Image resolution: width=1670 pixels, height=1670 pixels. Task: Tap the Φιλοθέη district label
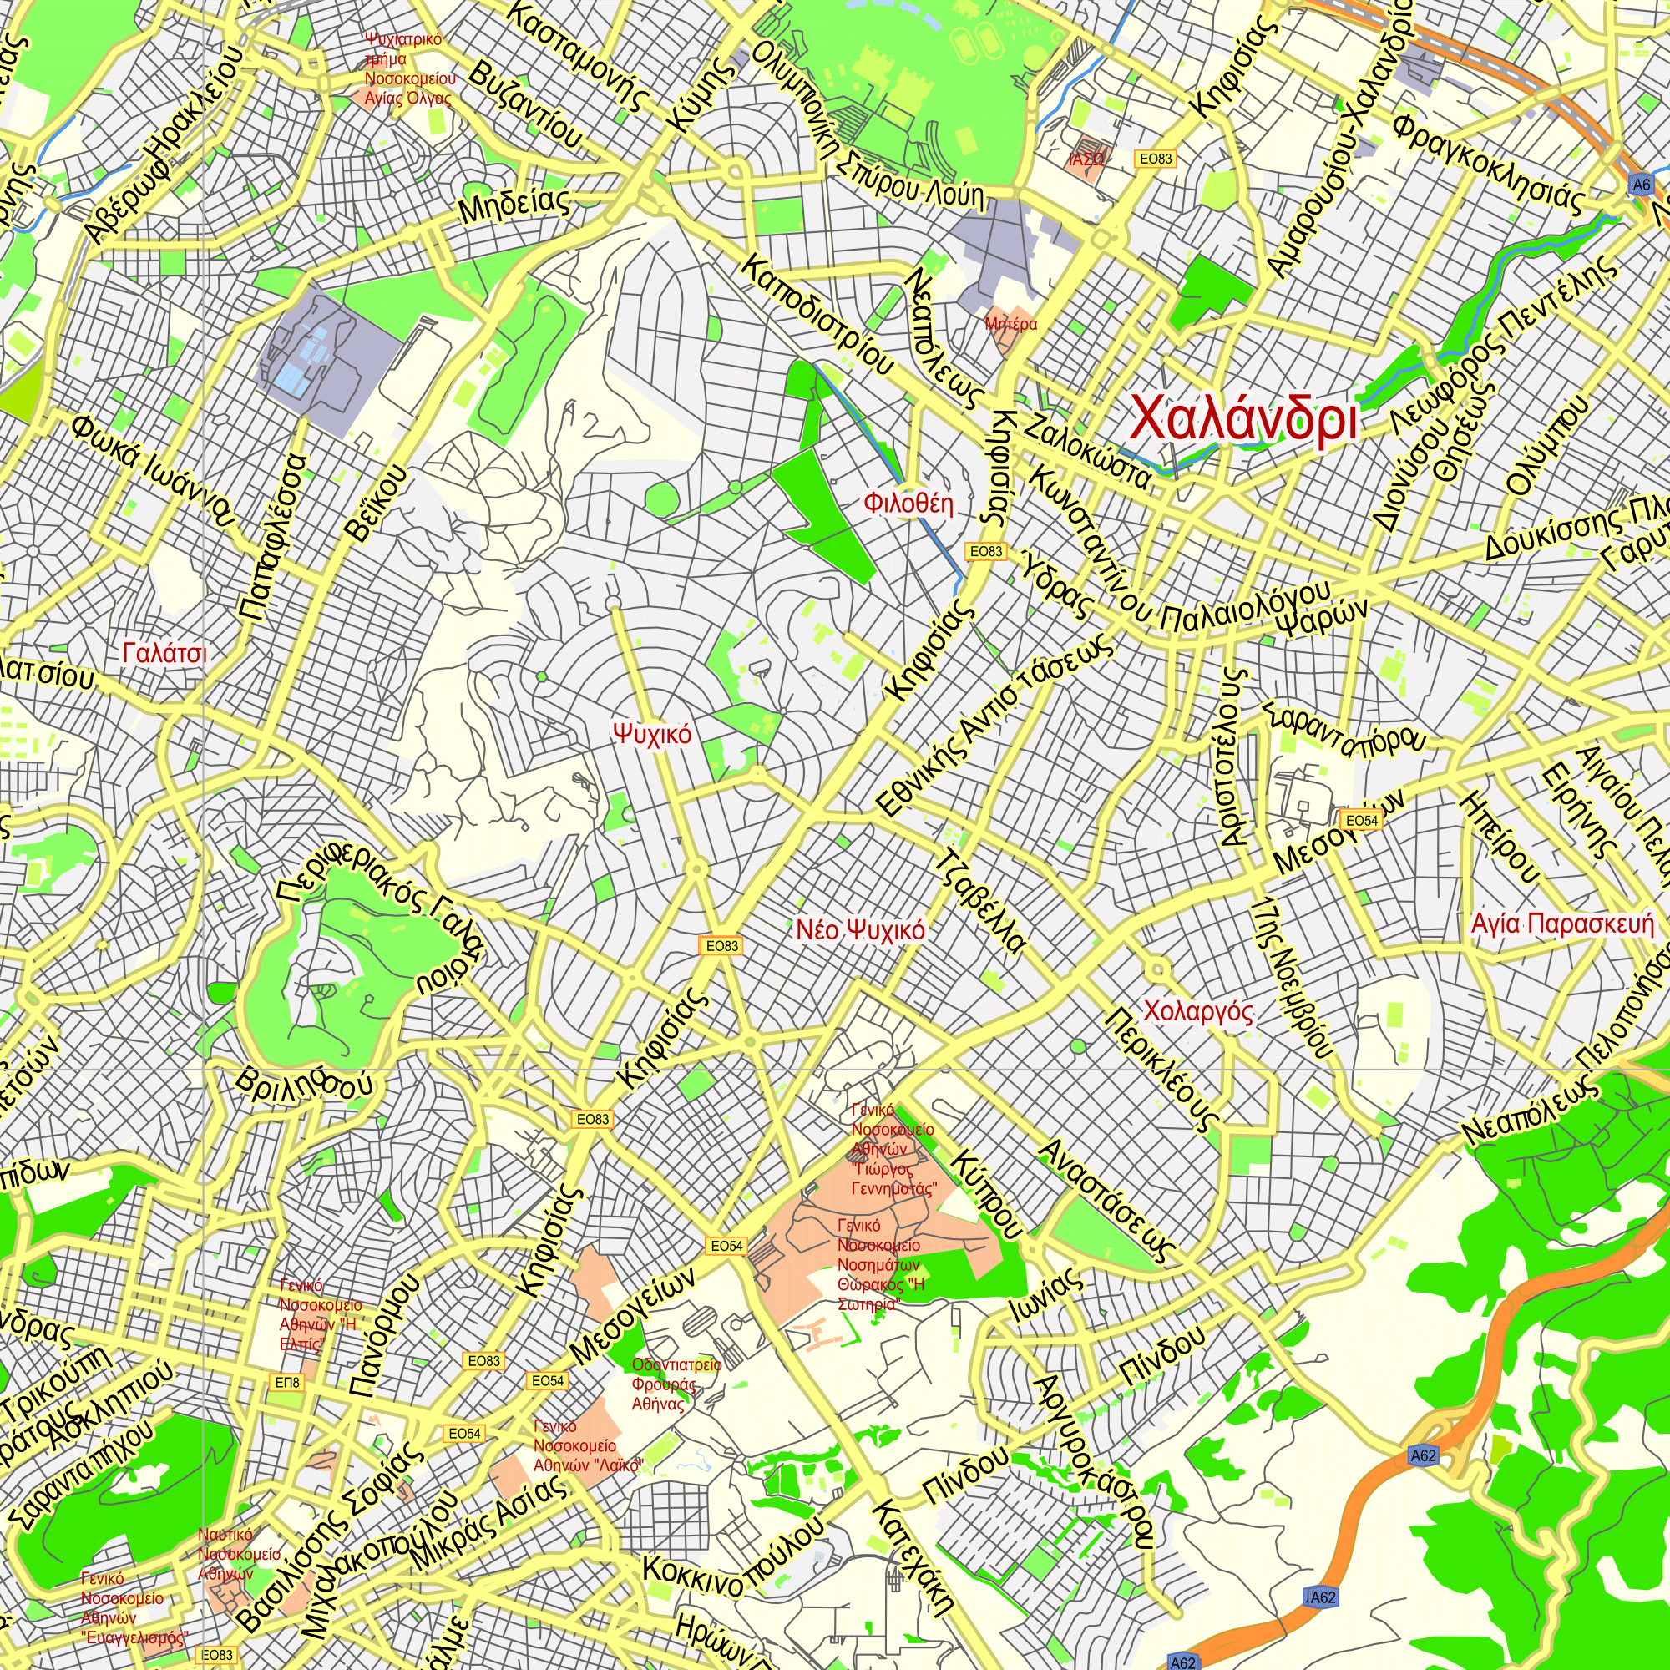pos(908,503)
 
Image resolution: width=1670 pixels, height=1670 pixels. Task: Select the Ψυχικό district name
pos(652,734)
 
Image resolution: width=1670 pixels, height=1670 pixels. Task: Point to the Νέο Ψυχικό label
pos(860,930)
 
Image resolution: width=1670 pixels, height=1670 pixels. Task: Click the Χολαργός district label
pos(1198,1010)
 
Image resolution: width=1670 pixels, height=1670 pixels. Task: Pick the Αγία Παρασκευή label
pos(1562,924)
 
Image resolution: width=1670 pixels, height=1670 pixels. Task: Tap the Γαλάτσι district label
pos(164,653)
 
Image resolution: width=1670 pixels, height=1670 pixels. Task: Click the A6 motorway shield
pos(1642,184)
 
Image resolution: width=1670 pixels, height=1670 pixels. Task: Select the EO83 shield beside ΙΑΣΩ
pos(1155,159)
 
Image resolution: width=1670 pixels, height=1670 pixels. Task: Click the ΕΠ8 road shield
pos(287,1382)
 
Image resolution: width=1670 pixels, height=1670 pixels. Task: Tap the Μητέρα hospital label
pos(1010,325)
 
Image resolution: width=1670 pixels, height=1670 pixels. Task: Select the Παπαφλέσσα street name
pos(274,538)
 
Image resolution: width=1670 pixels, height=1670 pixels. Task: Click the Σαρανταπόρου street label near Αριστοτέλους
pos(1344,731)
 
